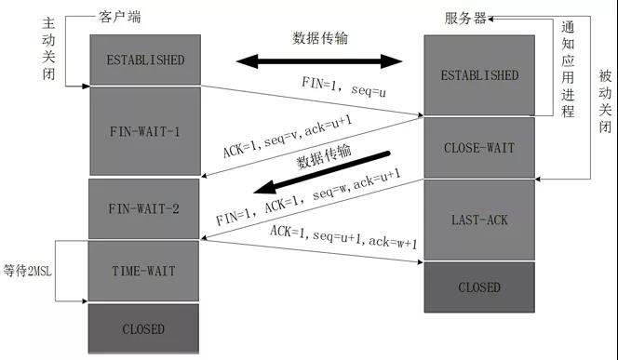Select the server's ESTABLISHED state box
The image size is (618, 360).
479,75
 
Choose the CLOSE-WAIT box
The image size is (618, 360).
479,147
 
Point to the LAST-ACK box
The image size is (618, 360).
479,220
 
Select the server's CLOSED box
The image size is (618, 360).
479,287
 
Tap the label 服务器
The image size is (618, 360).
467,18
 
